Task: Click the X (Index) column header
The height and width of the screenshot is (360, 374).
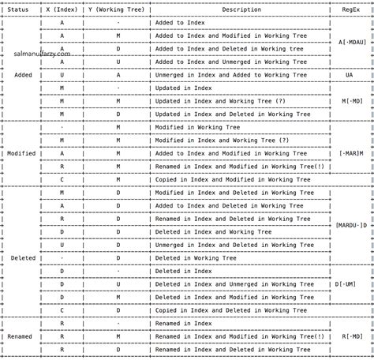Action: coord(62,9)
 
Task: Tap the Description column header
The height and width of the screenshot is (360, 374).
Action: coord(241,9)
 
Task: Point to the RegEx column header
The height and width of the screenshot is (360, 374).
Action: coord(351,9)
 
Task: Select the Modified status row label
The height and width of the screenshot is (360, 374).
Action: coord(21,153)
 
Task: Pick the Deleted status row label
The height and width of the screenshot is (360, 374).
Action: coord(21,258)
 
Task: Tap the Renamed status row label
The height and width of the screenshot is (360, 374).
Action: coord(21,336)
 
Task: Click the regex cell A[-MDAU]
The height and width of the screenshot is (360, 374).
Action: coord(352,43)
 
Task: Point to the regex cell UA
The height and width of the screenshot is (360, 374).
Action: coord(349,75)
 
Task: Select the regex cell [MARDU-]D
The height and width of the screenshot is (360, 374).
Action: coord(352,225)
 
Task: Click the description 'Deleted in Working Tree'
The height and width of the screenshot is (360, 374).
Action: coord(195,258)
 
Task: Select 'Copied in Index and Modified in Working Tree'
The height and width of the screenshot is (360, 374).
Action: coord(228,179)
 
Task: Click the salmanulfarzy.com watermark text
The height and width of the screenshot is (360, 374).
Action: coord(42,54)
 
